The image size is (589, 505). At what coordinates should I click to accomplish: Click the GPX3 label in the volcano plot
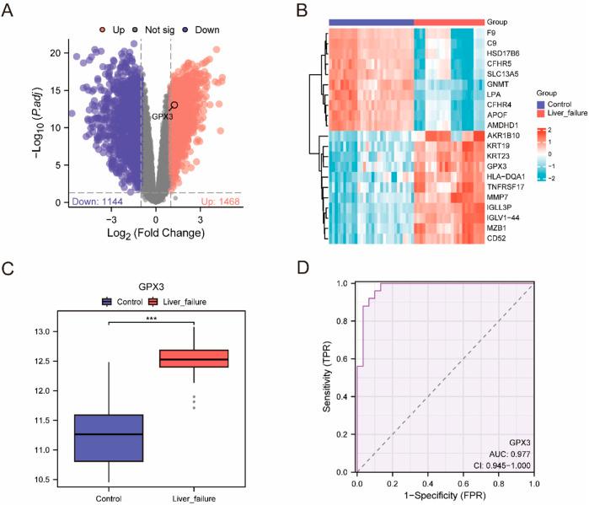(x=161, y=116)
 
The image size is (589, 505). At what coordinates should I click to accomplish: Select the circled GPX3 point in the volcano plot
(x=174, y=105)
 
